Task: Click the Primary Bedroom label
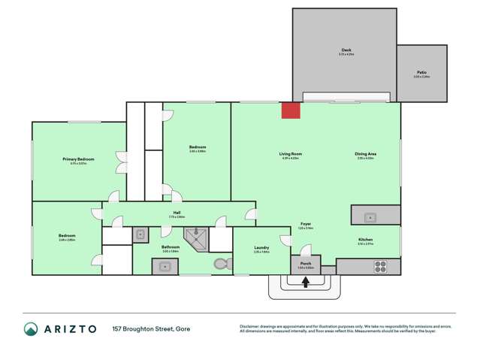tap(78, 159)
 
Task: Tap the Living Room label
tap(289, 154)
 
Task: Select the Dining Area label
tap(366, 154)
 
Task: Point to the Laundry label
tap(261, 247)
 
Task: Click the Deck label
tap(346, 50)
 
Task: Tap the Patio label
tap(421, 73)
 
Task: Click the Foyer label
tap(306, 223)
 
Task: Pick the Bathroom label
tap(171, 247)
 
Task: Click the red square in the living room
tap(291, 110)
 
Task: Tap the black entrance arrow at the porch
tap(306, 283)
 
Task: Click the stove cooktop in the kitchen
tap(380, 266)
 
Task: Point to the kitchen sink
tap(370, 218)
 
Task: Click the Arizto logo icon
tap(30, 328)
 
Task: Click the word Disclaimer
tap(250, 326)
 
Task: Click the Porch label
tap(306, 264)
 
